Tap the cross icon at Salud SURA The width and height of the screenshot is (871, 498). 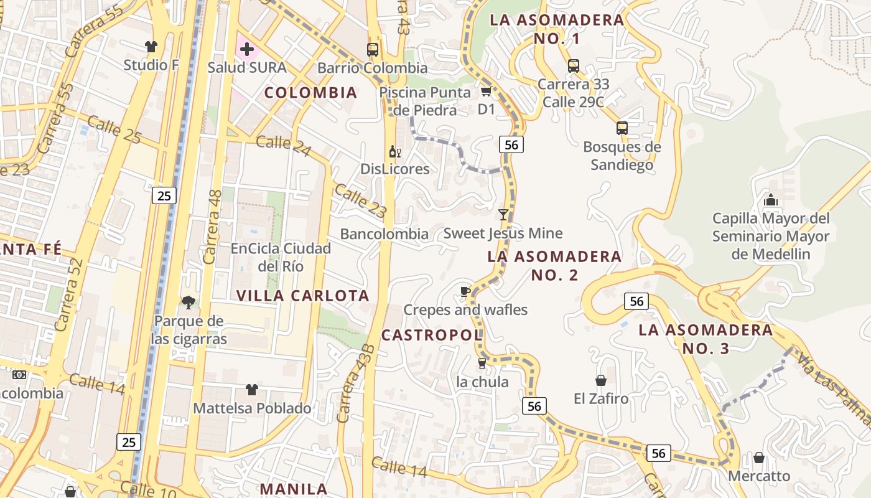pyautogui.click(x=247, y=49)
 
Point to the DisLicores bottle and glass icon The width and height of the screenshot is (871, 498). pyautogui.click(x=394, y=151)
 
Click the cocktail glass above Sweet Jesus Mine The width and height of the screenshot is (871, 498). pyautogui.click(x=503, y=215)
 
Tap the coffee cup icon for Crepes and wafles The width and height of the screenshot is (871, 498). pyautogui.click(x=465, y=291)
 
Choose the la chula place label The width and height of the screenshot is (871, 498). pyautogui.click(x=482, y=382)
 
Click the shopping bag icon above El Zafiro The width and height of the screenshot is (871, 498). pyautogui.click(x=601, y=380)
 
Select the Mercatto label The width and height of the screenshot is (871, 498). pyautogui.click(x=759, y=476)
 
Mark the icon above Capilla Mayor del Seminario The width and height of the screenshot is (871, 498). pyautogui.click(x=771, y=200)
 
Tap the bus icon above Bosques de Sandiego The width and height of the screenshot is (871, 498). pyautogui.click(x=622, y=128)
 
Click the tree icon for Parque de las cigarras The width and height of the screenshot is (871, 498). pyautogui.click(x=188, y=303)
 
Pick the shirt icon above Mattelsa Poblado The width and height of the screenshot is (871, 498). pyautogui.click(x=251, y=390)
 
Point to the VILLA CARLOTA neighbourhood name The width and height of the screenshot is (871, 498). pyautogui.click(x=303, y=296)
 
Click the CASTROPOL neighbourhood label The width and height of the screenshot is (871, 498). pyautogui.click(x=432, y=335)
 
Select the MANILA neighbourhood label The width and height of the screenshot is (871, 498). pyautogui.click(x=293, y=489)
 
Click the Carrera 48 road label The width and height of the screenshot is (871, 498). pyautogui.click(x=212, y=226)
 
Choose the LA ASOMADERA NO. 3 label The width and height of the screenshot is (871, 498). pyautogui.click(x=706, y=339)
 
